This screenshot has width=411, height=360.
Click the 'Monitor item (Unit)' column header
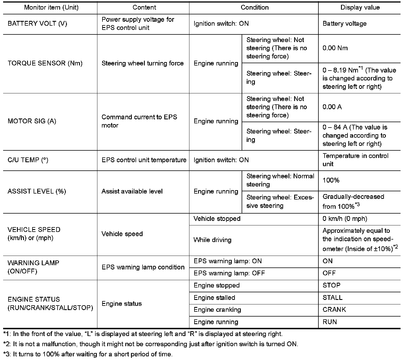tap(51, 8)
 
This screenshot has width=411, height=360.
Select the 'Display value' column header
tap(360, 8)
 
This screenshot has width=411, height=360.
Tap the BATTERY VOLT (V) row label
tap(37, 24)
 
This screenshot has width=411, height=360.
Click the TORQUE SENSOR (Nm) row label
tap(45, 63)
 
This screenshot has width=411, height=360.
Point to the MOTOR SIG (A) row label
tap(32, 121)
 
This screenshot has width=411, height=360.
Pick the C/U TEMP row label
tap(28, 160)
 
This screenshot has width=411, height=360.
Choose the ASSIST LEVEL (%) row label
tap(37, 192)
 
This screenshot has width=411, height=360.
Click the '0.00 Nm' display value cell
tap(335, 48)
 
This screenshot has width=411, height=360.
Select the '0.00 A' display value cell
tap(332, 107)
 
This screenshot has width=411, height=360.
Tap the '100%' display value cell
tap(331, 181)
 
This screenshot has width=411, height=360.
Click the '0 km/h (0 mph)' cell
tap(345, 219)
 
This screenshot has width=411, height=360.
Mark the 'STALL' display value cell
tap(332, 298)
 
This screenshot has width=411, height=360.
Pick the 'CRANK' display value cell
tap(334, 310)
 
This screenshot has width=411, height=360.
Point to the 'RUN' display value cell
tap(329, 322)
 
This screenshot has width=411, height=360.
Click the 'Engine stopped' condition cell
tap(217, 286)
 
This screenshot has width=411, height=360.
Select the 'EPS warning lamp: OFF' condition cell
tap(229, 273)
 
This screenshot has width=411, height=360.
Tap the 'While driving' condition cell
tap(212, 240)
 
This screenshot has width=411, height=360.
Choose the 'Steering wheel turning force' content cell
tap(143, 63)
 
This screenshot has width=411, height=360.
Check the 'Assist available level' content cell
tap(132, 192)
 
